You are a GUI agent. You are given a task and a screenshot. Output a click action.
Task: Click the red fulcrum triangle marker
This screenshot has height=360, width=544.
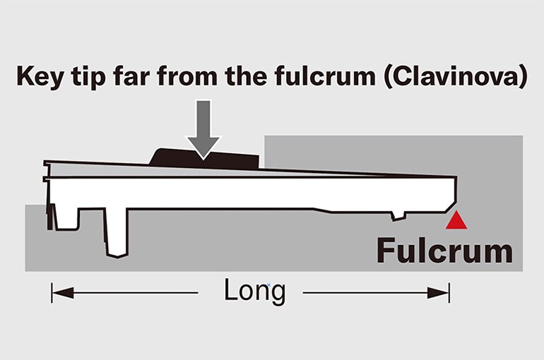pos(456,222)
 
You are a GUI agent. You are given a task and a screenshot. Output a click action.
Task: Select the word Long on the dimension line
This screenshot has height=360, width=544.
pos(254,290)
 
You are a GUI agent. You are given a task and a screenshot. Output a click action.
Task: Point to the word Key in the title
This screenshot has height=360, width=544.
pos(45,76)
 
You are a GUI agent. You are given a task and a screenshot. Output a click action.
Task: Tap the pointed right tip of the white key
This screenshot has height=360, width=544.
pos(456,180)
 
